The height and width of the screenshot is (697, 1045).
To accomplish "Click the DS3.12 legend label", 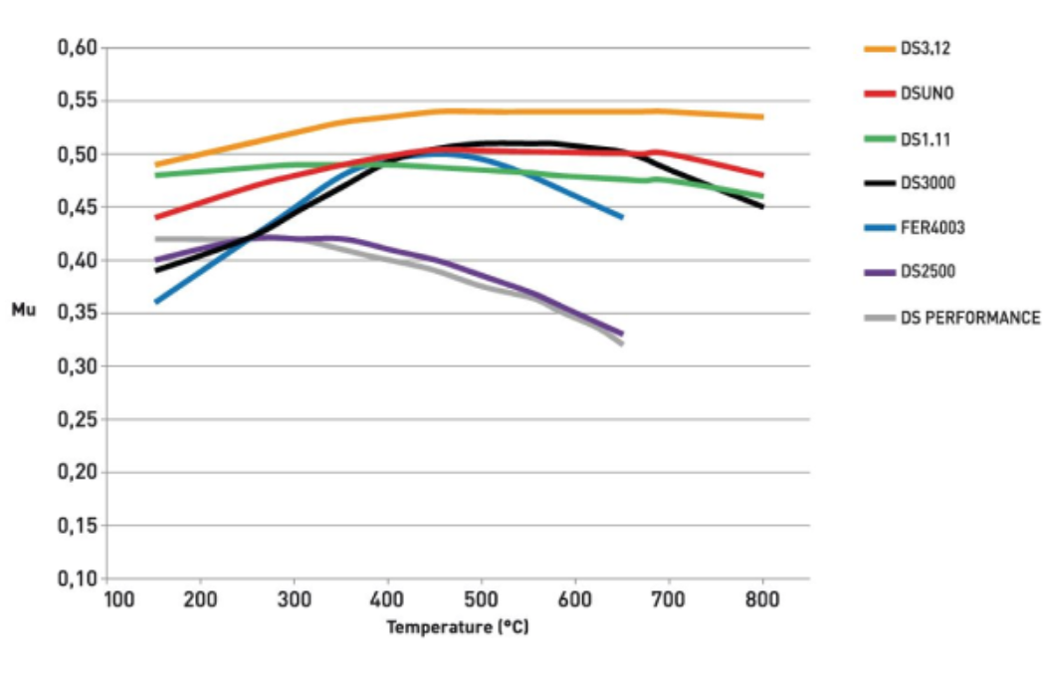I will [926, 48].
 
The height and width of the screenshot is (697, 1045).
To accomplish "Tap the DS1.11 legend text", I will [925, 138].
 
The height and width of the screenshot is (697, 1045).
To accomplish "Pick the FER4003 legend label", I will [932, 228].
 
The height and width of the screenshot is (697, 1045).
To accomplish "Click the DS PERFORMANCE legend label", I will [969, 319].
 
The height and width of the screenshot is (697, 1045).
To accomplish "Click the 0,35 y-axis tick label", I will [78, 314].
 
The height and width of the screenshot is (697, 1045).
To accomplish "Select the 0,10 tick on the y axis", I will [78, 579].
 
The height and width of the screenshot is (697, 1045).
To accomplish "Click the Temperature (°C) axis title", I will [458, 627].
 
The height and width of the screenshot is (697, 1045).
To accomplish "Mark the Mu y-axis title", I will [23, 311].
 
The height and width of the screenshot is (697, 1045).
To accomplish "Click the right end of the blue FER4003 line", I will [622, 217].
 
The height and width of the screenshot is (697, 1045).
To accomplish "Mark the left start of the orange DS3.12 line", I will [156, 164].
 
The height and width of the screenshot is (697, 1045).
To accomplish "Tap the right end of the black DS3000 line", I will [762, 207].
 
